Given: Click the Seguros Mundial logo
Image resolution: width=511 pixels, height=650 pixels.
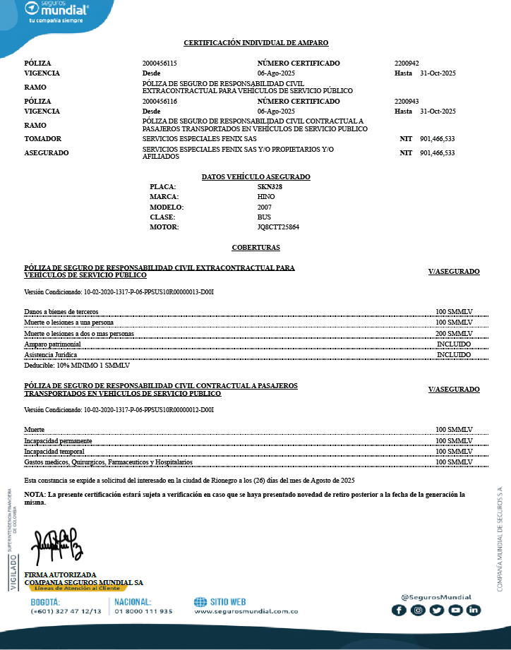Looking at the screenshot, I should (x=56, y=12).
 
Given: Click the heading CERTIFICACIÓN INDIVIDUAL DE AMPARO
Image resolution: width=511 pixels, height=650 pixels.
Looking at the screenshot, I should (x=255, y=44).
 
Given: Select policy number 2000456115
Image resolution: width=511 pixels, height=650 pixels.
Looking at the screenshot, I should (x=160, y=64).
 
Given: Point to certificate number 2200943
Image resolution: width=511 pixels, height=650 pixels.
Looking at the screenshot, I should (x=407, y=102).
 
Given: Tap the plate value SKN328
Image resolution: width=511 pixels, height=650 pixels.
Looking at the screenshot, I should (x=270, y=187).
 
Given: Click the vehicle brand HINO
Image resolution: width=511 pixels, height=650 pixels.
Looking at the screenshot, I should (x=266, y=197).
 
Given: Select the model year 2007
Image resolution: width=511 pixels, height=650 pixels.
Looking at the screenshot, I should (x=265, y=207).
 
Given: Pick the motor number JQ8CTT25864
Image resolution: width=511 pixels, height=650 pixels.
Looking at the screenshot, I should (x=278, y=227).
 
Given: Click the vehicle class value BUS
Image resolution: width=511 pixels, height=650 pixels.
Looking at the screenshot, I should (x=264, y=217).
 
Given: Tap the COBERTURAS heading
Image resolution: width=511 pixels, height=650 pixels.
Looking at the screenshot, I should (x=255, y=248).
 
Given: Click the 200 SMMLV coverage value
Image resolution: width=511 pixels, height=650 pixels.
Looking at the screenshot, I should (x=454, y=333).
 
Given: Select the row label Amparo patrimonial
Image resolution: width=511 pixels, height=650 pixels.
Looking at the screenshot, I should (x=52, y=344).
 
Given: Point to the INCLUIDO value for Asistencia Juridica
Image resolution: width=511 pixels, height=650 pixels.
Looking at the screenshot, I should (x=454, y=354).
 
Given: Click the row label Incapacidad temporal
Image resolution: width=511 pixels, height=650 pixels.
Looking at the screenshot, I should (x=54, y=451).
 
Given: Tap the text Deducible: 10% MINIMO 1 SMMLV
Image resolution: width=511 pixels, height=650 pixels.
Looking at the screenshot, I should (x=77, y=366).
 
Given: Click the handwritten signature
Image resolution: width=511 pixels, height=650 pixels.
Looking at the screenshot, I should (x=59, y=539).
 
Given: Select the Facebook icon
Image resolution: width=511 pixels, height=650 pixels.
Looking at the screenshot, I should (x=399, y=610).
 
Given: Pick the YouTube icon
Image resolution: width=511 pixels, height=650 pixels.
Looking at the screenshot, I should (x=455, y=610).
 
